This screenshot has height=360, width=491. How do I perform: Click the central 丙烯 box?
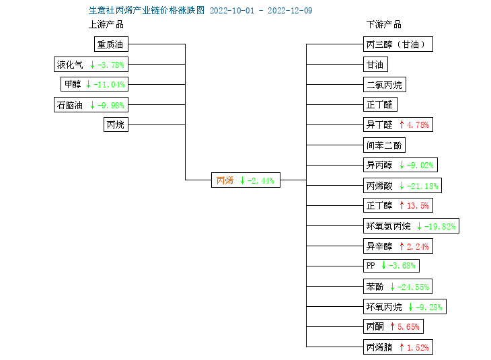pyautogui.click(x=245, y=180)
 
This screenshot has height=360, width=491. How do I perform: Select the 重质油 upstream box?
pyautogui.click(x=111, y=44)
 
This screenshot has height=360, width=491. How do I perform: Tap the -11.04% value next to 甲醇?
pyautogui.click(x=109, y=84)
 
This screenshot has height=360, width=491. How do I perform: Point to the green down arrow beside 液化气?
pyautogui.click(x=92, y=65)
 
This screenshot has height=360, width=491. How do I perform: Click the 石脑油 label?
pyautogui.click(x=69, y=105)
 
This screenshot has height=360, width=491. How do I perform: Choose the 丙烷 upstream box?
pyautogui.click(x=116, y=124)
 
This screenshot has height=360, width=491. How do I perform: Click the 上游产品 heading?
pyautogui.click(x=106, y=24)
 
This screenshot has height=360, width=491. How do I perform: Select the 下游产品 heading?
pyautogui.click(x=383, y=24)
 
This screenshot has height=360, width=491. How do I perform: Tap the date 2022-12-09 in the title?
pyautogui.click(x=290, y=11)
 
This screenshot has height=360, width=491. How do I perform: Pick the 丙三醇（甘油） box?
pyautogui.click(x=398, y=44)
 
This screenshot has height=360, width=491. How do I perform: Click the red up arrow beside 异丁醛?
pyautogui.click(x=402, y=124)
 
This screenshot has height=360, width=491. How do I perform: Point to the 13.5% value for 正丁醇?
pyautogui.click(x=418, y=205)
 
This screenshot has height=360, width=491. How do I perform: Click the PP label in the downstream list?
pyautogui.click(x=371, y=266)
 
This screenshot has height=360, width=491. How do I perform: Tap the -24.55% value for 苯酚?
pyautogui.click(x=413, y=287)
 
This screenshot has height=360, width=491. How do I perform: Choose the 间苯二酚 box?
pyautogui.click(x=384, y=145)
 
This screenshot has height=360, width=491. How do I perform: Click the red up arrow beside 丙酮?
pyautogui.click(x=392, y=326)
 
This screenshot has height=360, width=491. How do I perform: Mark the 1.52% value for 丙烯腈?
pyautogui.click(x=418, y=347)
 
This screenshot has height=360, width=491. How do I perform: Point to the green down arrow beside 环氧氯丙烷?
pyautogui.click(x=419, y=226)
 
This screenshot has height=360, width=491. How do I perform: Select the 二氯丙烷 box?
pyautogui.click(x=385, y=85)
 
